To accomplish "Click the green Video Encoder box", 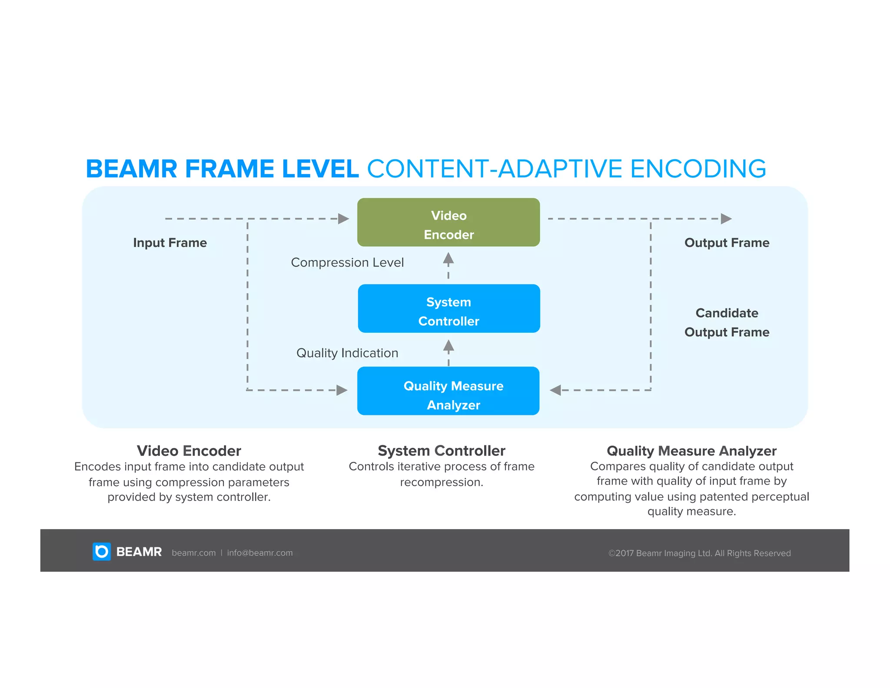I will (448, 222).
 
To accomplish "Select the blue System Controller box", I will (448, 309).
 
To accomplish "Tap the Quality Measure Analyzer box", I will (448, 391).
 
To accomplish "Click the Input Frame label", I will (170, 243).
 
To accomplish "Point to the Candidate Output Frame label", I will (727, 322).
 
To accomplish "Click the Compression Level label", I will (347, 263).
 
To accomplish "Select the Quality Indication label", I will (347, 353).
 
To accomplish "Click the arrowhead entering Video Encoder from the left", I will (344, 219).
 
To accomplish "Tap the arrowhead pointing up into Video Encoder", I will (448, 258).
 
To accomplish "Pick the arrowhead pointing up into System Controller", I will (448, 346).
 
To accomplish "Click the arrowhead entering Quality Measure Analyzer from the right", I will (555, 390).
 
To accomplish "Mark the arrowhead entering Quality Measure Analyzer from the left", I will (342, 390).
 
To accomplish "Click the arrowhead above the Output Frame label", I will (726, 219).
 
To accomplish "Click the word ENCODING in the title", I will (698, 169).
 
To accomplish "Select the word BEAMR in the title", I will (132, 169).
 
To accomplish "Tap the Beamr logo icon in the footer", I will (102, 551).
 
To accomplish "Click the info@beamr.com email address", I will (260, 553).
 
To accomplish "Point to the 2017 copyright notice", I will (699, 553).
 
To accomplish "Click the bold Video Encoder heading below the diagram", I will (189, 451).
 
